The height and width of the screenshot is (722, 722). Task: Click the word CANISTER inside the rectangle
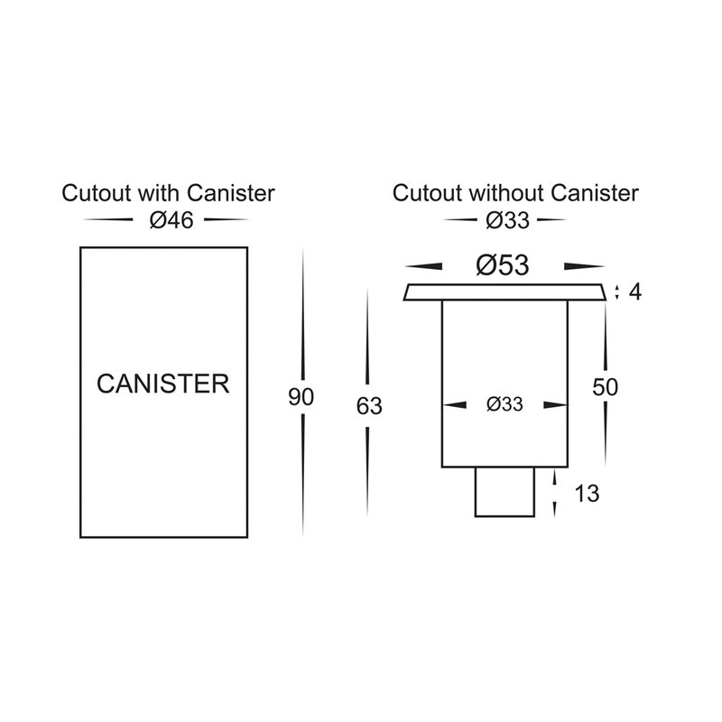tap(163, 384)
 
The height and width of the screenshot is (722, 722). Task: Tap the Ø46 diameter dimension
tap(171, 220)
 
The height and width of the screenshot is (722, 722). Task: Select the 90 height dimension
tap(301, 397)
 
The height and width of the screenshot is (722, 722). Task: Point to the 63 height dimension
tap(369, 406)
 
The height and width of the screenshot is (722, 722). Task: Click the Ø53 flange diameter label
tap(503, 265)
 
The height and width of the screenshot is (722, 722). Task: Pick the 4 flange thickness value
tap(635, 292)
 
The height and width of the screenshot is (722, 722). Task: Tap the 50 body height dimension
tap(605, 387)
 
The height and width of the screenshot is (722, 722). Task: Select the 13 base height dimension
tap(588, 494)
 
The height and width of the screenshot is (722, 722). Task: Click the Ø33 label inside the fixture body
tap(504, 404)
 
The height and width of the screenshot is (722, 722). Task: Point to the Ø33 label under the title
tap(507, 221)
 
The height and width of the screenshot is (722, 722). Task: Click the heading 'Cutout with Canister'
tap(168, 193)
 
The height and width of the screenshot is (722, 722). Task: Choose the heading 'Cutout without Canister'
tap(515, 193)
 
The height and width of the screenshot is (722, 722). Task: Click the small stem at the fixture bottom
tap(504, 492)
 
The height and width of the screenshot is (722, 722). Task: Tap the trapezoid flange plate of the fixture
tap(504, 292)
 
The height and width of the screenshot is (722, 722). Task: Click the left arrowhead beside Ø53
tap(423, 266)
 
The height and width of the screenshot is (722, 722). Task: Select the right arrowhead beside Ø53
tap(584, 266)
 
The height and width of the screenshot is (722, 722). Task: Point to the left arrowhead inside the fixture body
tap(455, 405)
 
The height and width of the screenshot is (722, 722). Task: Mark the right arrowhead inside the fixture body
tap(555, 405)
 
